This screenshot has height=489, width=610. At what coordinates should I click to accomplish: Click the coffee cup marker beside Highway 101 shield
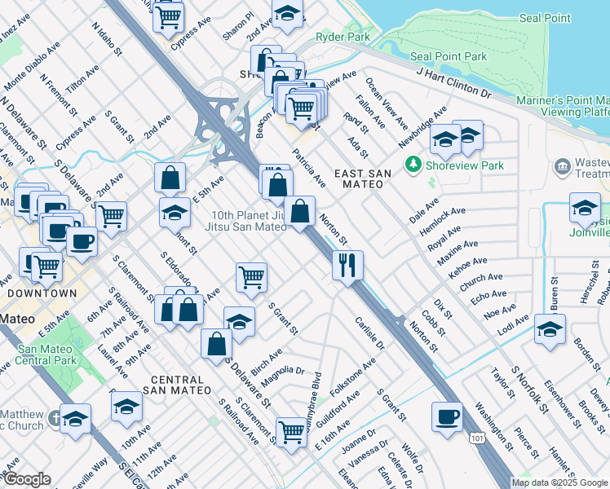click(x=447, y=417)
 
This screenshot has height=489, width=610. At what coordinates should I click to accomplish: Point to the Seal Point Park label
click(x=449, y=56)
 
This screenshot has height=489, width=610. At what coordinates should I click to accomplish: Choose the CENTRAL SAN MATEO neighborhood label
click(x=177, y=385)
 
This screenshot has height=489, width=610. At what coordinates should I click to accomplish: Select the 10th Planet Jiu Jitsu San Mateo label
click(x=247, y=222)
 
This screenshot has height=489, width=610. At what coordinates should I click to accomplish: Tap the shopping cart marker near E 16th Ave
click(x=290, y=430)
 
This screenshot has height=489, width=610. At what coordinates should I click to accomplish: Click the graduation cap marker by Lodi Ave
click(x=550, y=329)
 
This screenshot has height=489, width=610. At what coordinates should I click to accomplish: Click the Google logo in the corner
click(x=26, y=479)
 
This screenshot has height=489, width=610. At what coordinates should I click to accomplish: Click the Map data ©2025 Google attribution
click(x=560, y=482)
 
